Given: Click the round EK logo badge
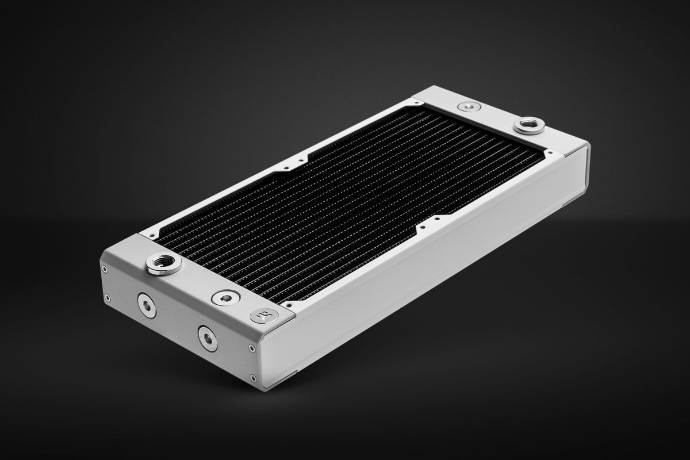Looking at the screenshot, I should coord(264,315).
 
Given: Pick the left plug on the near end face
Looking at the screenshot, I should coord(146,305).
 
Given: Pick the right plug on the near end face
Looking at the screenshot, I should coord(208,338).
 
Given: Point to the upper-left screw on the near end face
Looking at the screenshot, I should coord(104,269).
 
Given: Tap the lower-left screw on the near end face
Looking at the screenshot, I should coord(107,298).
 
